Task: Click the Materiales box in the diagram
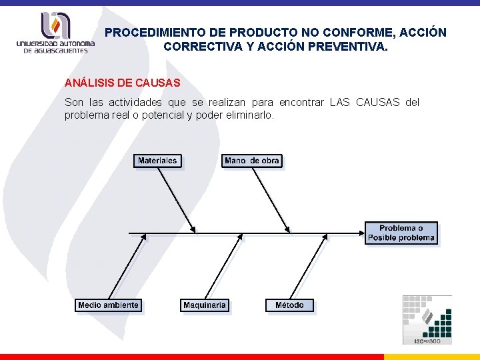pyautogui.click(x=157, y=161)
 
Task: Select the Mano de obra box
pyautogui.click(x=252, y=161)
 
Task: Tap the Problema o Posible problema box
pyautogui.click(x=401, y=233)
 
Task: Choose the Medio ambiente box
pyautogui.click(x=108, y=305)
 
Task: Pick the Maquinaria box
pyautogui.click(x=205, y=305)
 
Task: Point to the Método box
pyautogui.click(x=289, y=305)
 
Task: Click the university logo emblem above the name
pyautogui.click(x=55, y=26)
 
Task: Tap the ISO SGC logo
pyautogui.click(x=427, y=320)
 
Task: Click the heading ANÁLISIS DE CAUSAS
pyautogui.click(x=122, y=83)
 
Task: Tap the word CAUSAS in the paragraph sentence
pyautogui.click(x=378, y=102)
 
